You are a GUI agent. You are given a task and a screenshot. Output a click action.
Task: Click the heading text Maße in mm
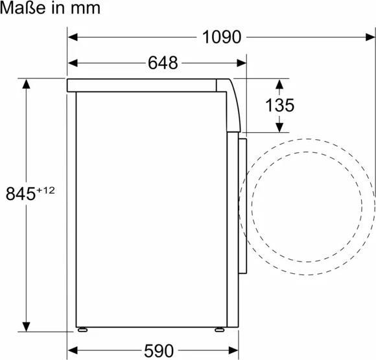click(x=51, y=8)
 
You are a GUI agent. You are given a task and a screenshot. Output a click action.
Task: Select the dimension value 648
click(x=162, y=63)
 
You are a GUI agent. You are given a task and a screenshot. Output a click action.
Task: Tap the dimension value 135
click(x=279, y=105)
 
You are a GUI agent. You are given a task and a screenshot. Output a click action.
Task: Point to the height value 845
click(x=20, y=193)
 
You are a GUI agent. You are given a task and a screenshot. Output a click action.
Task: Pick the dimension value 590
click(x=159, y=350)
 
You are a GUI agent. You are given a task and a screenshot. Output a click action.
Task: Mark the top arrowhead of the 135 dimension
click(x=279, y=84)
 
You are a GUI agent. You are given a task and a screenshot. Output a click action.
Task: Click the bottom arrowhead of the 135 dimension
click(x=279, y=127)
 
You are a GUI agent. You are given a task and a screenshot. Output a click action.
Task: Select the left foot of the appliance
click(x=83, y=328)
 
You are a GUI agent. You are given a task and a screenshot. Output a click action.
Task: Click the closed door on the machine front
click(x=242, y=207)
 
